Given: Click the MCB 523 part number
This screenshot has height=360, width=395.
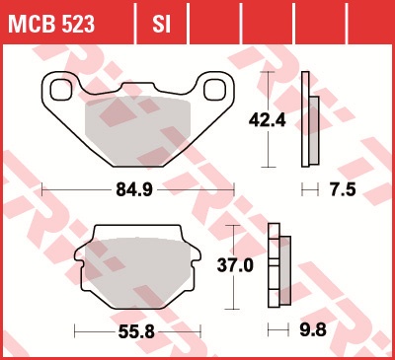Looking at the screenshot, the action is click(51, 24).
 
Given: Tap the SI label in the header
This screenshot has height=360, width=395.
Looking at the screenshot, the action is click(161, 24).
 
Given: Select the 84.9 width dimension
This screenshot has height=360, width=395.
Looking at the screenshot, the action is click(134, 189).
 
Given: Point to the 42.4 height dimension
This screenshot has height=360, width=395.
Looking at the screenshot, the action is click(268, 120).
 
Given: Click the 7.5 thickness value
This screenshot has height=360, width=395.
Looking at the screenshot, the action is click(343, 189).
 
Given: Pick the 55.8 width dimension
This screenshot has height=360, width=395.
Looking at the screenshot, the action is click(136, 332).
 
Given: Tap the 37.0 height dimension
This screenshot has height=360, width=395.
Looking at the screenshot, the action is click(235, 265).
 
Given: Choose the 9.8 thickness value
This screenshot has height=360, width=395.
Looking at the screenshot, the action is click(313, 329).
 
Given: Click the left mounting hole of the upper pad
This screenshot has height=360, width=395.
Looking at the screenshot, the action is click(61, 90).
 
